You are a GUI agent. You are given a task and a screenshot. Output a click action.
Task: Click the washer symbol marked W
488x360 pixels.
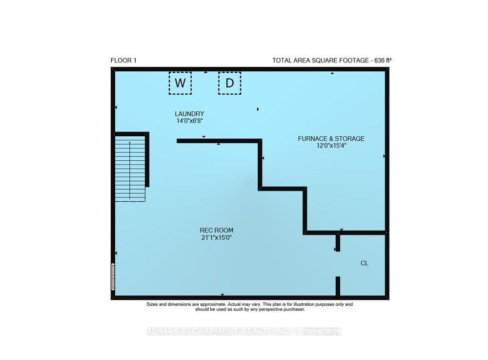[x=180, y=83]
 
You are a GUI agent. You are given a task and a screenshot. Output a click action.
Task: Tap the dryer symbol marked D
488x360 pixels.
[x=230, y=83]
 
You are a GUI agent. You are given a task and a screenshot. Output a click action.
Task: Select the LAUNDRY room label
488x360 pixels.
[x=189, y=114]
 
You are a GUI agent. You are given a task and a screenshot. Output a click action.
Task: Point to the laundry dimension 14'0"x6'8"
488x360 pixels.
[x=189, y=121]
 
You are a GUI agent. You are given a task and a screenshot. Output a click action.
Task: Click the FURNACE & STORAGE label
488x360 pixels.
[x=331, y=139]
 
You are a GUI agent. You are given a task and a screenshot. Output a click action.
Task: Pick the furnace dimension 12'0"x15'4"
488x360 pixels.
[x=331, y=146]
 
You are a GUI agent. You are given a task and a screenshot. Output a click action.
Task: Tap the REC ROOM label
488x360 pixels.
[x=217, y=231]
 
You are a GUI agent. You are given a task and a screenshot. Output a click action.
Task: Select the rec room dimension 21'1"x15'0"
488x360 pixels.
[x=217, y=237]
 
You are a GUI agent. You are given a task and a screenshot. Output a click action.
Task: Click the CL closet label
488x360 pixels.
[x=365, y=263]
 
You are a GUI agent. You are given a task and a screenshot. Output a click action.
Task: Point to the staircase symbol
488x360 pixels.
[x=130, y=168]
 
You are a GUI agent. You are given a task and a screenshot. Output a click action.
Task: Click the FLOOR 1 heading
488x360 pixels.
[x=123, y=61]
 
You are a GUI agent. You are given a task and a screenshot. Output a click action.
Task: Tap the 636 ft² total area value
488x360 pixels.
[x=383, y=61]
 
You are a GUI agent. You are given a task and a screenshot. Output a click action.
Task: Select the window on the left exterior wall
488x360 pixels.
[x=113, y=277]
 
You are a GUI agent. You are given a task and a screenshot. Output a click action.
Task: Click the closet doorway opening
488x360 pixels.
[x=338, y=264]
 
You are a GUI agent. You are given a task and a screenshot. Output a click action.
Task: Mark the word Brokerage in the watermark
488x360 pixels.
[x=320, y=331]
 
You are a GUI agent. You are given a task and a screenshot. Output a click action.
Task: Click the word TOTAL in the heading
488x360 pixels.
[x=282, y=61]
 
